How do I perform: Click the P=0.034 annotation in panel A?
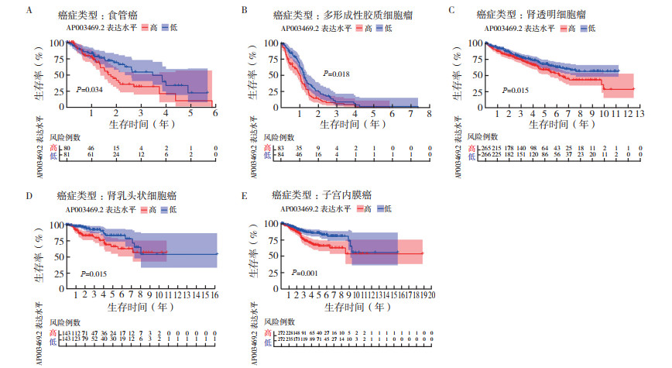pos(90,90)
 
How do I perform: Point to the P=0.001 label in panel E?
pos(306,273)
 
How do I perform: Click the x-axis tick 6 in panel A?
pos(215,113)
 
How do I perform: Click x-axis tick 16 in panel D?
pos(218,295)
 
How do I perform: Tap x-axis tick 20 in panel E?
pos(430,295)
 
